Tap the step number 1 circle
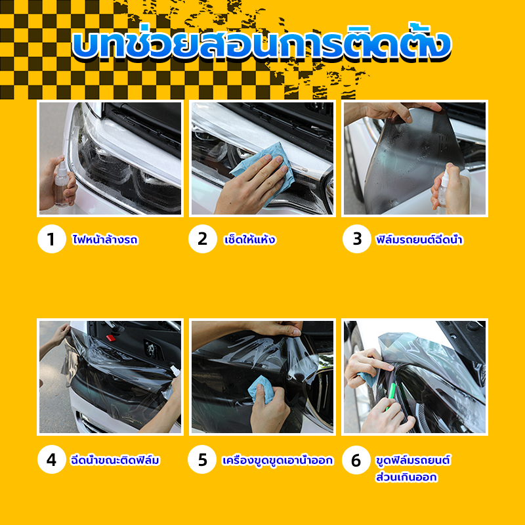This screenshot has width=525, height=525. (x=52, y=239)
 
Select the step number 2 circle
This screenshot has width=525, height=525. (x=203, y=239)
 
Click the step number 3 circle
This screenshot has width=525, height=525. (x=357, y=239)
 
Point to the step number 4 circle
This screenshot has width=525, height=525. (x=52, y=459)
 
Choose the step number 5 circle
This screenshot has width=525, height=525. (x=202, y=459)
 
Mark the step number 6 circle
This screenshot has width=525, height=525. (x=356, y=460)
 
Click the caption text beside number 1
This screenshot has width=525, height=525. (x=105, y=239)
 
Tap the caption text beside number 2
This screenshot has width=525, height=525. (x=249, y=239)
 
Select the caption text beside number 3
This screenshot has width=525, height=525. (x=419, y=239)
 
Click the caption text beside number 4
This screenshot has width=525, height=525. (x=115, y=460)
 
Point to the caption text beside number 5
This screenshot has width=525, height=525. (x=278, y=460)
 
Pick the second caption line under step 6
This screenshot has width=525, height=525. (x=406, y=476)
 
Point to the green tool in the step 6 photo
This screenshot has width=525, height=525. (x=390, y=396)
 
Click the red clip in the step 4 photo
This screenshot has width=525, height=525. (x=110, y=337)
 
